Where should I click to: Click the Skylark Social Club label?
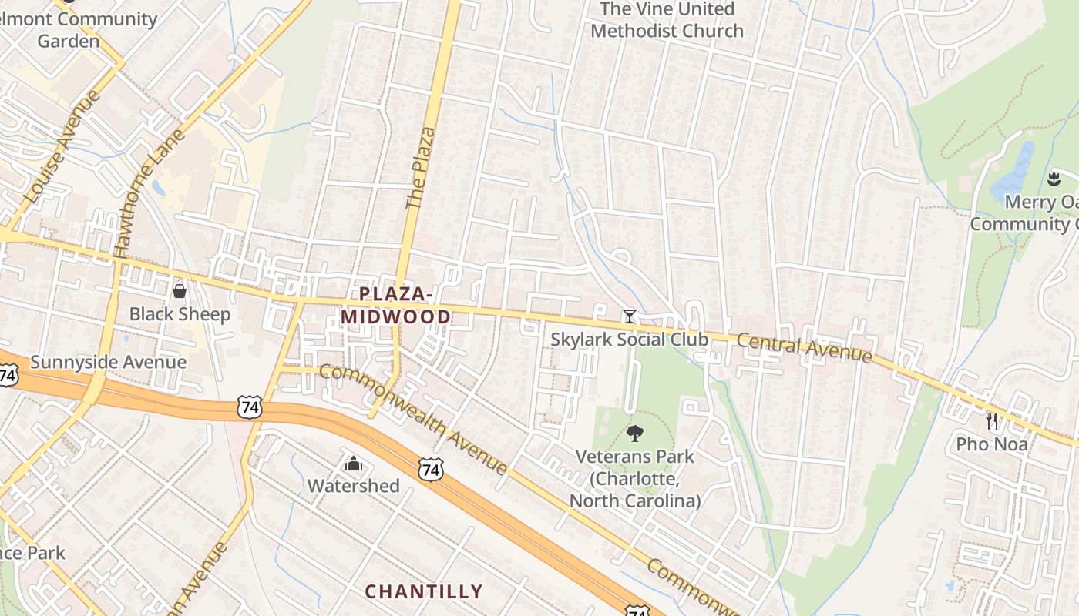point(629,339)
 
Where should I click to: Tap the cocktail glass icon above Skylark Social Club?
point(630,316)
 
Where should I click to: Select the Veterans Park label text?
point(635,478)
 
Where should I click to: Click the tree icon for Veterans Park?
point(635,434)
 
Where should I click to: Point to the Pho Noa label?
point(992,444)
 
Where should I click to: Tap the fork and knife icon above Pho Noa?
point(992,421)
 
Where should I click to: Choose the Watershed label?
point(354,486)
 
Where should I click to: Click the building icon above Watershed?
point(354,464)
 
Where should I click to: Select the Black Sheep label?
point(180,314)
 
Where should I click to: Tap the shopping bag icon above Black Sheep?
point(180,291)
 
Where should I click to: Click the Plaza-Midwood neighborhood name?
point(395,305)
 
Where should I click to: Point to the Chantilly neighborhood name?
point(423,591)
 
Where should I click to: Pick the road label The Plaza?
point(420,168)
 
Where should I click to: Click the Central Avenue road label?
point(804,349)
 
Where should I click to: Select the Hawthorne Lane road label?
point(149,192)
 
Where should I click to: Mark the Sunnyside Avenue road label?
point(109,362)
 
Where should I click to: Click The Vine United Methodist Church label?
point(667,20)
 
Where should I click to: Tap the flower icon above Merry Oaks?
point(1054,180)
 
